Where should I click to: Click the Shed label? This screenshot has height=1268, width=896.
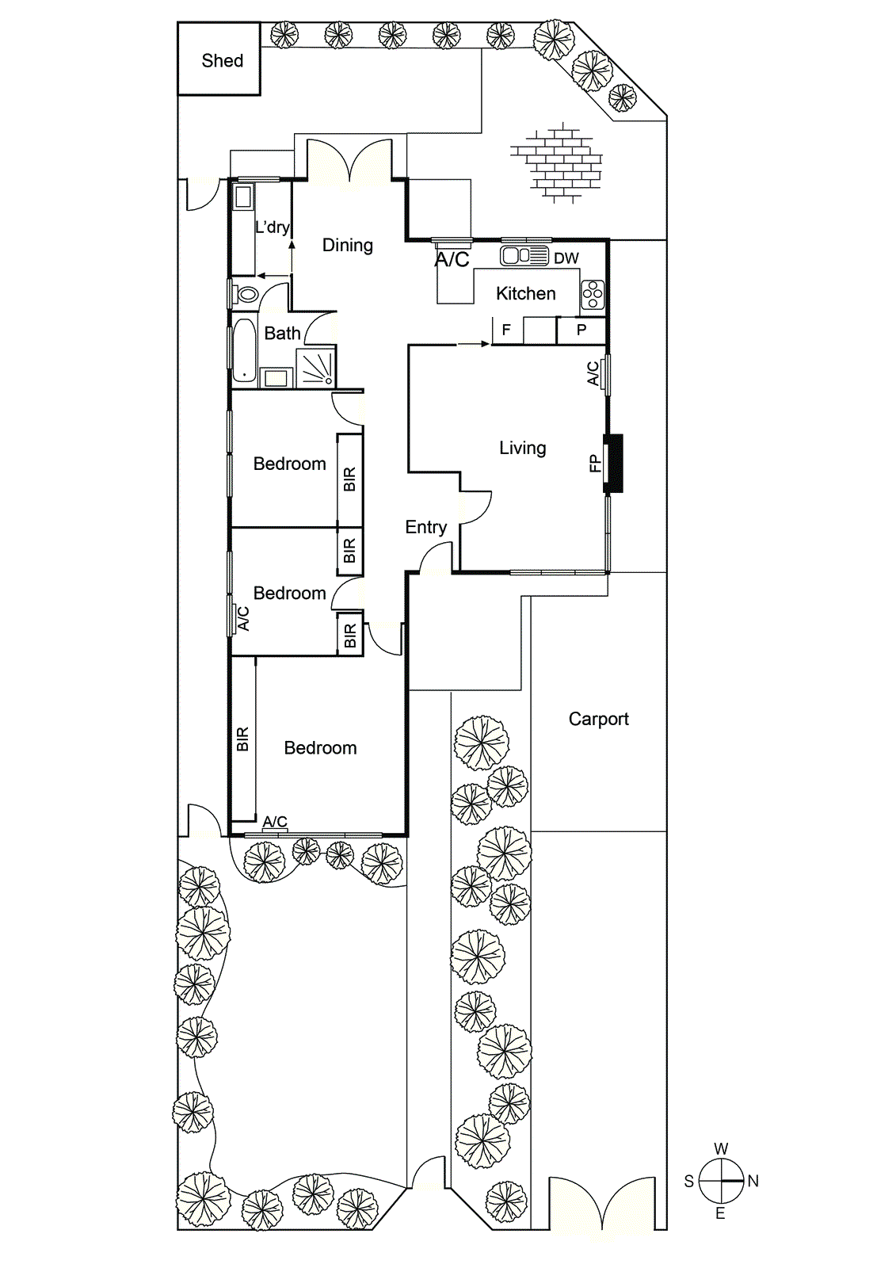pos(222,61)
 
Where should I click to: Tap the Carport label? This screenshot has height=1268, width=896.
pos(598,719)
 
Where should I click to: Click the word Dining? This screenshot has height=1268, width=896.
pos(347,246)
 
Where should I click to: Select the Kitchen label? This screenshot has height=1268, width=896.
pos(525,294)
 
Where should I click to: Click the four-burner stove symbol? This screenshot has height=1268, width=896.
pos(593,295)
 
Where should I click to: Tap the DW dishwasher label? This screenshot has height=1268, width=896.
pos(566,258)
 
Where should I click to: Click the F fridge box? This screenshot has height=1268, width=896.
pos(507,330)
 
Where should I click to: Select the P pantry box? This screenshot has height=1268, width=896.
pos(581,330)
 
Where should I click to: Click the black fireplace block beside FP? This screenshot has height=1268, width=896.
pos(615,463)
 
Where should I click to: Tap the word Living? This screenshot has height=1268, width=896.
pos(522,448)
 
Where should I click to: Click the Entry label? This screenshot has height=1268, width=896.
pos(425,527)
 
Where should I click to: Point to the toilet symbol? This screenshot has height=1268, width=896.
pos(246,295)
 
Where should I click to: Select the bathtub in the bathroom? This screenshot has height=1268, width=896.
pos(244,350)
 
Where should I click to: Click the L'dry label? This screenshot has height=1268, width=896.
pos(272,227)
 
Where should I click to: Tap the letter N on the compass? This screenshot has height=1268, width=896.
pos(753,1181)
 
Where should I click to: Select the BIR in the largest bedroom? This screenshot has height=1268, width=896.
pos(242,739)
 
